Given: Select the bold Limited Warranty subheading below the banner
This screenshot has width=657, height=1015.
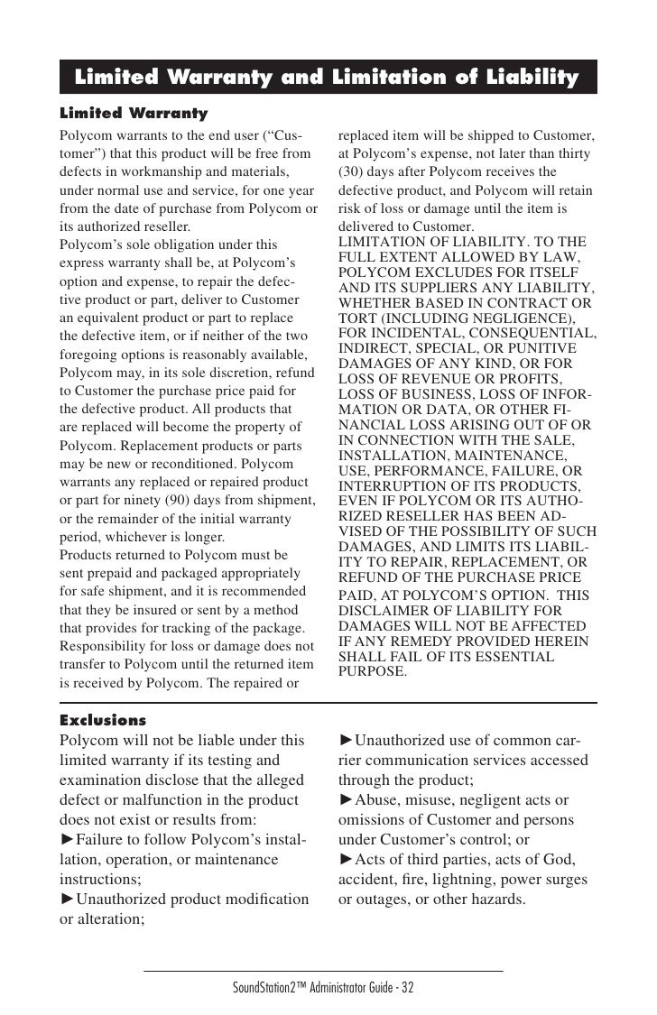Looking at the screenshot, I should tap(133, 115).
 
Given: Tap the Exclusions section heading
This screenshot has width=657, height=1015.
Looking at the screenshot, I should tap(102, 720).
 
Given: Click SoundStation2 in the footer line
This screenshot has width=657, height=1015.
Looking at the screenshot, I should tap(271, 987).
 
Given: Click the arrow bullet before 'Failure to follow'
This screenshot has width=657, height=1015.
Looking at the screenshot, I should tap(67, 841).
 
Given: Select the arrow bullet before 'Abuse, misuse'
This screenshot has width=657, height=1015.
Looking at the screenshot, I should tap(346, 801).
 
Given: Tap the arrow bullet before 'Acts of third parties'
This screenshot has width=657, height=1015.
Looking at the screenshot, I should tap(346, 859).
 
